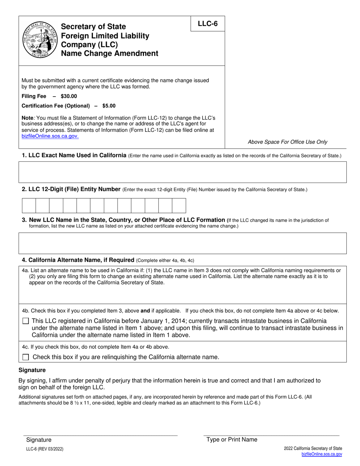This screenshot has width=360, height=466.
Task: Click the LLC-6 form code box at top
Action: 208,24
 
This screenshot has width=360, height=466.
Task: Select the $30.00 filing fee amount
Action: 69,96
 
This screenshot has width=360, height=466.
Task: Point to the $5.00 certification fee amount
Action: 109,106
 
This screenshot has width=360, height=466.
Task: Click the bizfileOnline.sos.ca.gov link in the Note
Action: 50,136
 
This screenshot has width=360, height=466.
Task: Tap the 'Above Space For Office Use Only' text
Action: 288,142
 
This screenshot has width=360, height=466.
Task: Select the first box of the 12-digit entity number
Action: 29,206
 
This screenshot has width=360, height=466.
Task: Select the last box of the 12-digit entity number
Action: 179,206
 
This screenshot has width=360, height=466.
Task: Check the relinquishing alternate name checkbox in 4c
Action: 26,357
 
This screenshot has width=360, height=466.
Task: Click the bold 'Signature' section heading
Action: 32,370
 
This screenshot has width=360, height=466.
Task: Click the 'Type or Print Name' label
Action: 232,439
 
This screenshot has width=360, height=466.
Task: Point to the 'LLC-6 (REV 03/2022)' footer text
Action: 45,449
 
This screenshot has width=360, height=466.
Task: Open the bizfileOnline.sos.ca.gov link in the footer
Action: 322,454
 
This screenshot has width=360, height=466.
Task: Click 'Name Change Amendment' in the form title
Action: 110,53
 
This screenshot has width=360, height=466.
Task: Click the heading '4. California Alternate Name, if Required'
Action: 78,260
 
